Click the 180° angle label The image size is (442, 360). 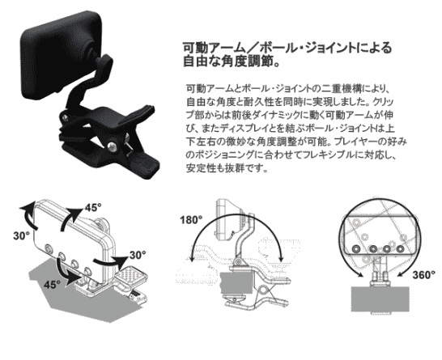(x=191, y=220)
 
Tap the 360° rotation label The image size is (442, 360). (x=424, y=275)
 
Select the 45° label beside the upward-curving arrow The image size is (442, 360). (x=93, y=208)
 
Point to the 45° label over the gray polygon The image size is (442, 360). (x=52, y=285)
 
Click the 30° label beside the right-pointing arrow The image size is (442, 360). (x=138, y=255)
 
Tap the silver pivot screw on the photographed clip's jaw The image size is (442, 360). (x=112, y=146)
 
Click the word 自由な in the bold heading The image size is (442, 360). (x=202, y=61)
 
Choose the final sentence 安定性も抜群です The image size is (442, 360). (x=227, y=168)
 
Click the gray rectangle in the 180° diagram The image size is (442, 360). (x=236, y=283)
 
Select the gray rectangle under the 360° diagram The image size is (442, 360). (x=380, y=299)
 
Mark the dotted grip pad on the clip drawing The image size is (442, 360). (x=132, y=274)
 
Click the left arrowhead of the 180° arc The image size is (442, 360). (x=192, y=258)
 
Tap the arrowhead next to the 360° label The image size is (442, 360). (x=400, y=274)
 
